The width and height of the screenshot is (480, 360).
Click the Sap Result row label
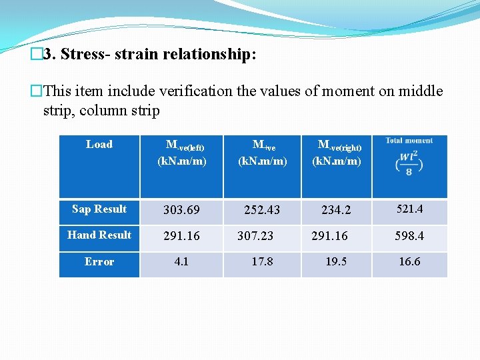tap(99, 209)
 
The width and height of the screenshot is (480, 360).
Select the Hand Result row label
tap(99, 235)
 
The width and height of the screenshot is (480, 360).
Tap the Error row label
tap(99, 262)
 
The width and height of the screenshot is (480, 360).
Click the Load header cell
tap(99, 144)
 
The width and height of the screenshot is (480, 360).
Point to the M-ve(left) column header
tap(181, 153)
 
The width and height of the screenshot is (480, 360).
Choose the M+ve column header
tap(263, 153)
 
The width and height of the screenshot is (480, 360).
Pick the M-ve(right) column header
tap(339, 153)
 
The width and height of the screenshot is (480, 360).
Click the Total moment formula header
tap(409, 157)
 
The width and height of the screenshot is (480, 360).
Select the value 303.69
tap(181, 210)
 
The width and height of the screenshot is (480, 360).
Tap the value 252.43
tap(262, 210)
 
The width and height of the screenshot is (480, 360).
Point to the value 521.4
tap(409, 209)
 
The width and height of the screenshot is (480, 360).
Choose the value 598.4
tap(409, 236)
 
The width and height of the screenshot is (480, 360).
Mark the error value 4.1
tap(181, 262)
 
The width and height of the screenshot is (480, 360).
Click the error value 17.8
tap(262, 262)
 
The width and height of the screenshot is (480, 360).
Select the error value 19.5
tap(336, 262)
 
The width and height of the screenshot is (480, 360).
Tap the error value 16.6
tap(409, 262)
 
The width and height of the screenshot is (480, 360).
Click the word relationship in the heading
tap(206, 55)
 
